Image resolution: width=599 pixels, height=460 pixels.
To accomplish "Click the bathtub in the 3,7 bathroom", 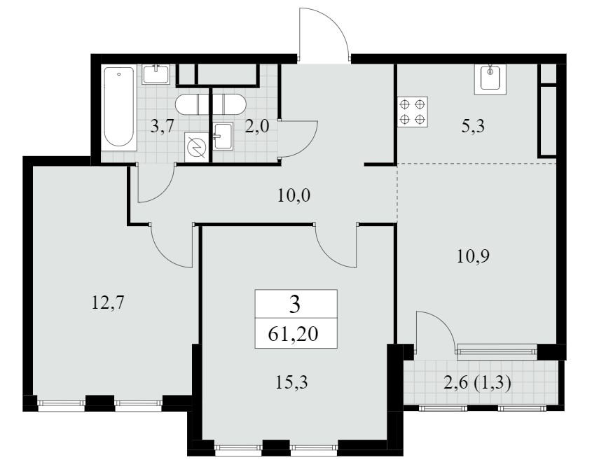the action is click(119, 108).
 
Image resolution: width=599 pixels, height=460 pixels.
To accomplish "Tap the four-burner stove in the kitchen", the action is click(412, 111).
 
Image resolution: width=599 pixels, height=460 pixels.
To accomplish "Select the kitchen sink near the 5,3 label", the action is click(490, 79).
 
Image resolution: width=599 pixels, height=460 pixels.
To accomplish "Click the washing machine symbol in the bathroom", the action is click(197, 146).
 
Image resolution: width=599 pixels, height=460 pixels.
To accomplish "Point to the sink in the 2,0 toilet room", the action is click(223, 136).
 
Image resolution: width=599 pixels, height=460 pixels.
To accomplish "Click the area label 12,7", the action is click(108, 303).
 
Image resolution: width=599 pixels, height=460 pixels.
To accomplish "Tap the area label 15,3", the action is click(291, 382).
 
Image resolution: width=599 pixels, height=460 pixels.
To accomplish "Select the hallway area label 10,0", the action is click(294, 195).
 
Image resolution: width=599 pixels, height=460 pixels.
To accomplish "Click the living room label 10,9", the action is click(473, 256).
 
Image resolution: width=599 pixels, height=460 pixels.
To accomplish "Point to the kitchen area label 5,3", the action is click(473, 126).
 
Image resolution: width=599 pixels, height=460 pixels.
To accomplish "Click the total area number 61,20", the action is click(294, 335).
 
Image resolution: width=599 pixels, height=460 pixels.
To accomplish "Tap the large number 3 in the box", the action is click(295, 305).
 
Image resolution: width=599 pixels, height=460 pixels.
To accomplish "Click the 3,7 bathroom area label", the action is click(163, 126).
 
